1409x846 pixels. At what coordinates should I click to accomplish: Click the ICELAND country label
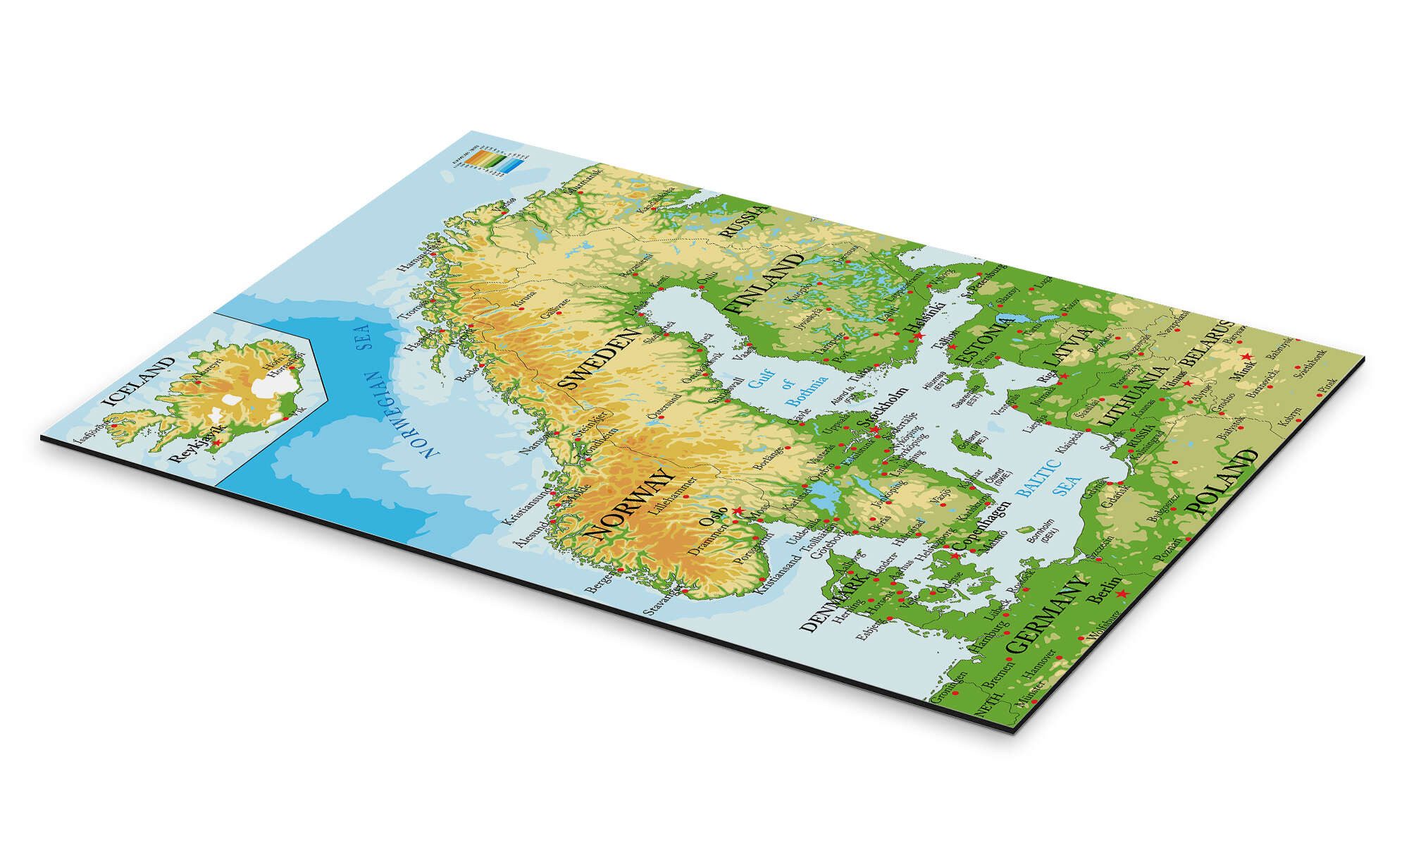[x=137, y=382]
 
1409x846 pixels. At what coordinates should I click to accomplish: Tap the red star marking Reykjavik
[x=216, y=443]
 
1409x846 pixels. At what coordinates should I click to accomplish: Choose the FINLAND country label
[x=764, y=283]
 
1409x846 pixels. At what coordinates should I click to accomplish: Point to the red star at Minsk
[x=1247, y=357]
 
